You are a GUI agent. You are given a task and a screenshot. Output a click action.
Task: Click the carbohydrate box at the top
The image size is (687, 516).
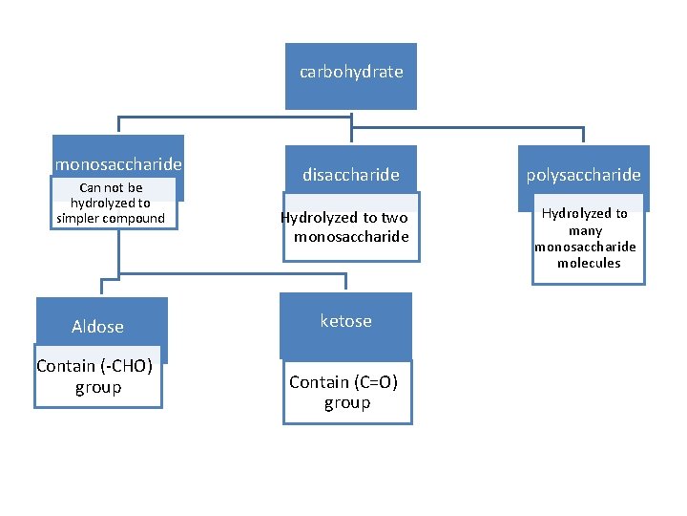(350, 73)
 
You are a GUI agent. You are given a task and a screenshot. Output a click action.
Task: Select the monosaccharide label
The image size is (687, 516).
(118, 163)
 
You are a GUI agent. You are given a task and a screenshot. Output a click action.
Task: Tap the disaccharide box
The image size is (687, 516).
(350, 175)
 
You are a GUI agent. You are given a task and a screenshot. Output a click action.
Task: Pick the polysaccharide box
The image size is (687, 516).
(583, 175)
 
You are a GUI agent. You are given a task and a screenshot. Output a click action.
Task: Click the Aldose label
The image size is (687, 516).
(97, 327)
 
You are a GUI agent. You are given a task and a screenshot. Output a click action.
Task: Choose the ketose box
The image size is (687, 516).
(345, 321)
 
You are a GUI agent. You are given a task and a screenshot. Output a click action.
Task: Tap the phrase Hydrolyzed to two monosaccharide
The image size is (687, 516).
(345, 226)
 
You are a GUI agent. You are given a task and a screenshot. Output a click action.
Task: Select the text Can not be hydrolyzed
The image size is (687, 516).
(111, 195)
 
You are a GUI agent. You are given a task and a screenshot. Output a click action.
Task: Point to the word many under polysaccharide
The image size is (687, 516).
(585, 230)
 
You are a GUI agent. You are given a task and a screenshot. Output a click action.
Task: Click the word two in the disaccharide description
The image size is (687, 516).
(394, 218)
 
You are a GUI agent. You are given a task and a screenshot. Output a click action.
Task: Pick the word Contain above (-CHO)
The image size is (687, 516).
(65, 366)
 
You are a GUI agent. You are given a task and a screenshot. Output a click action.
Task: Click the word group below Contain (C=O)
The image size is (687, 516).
(346, 402)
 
